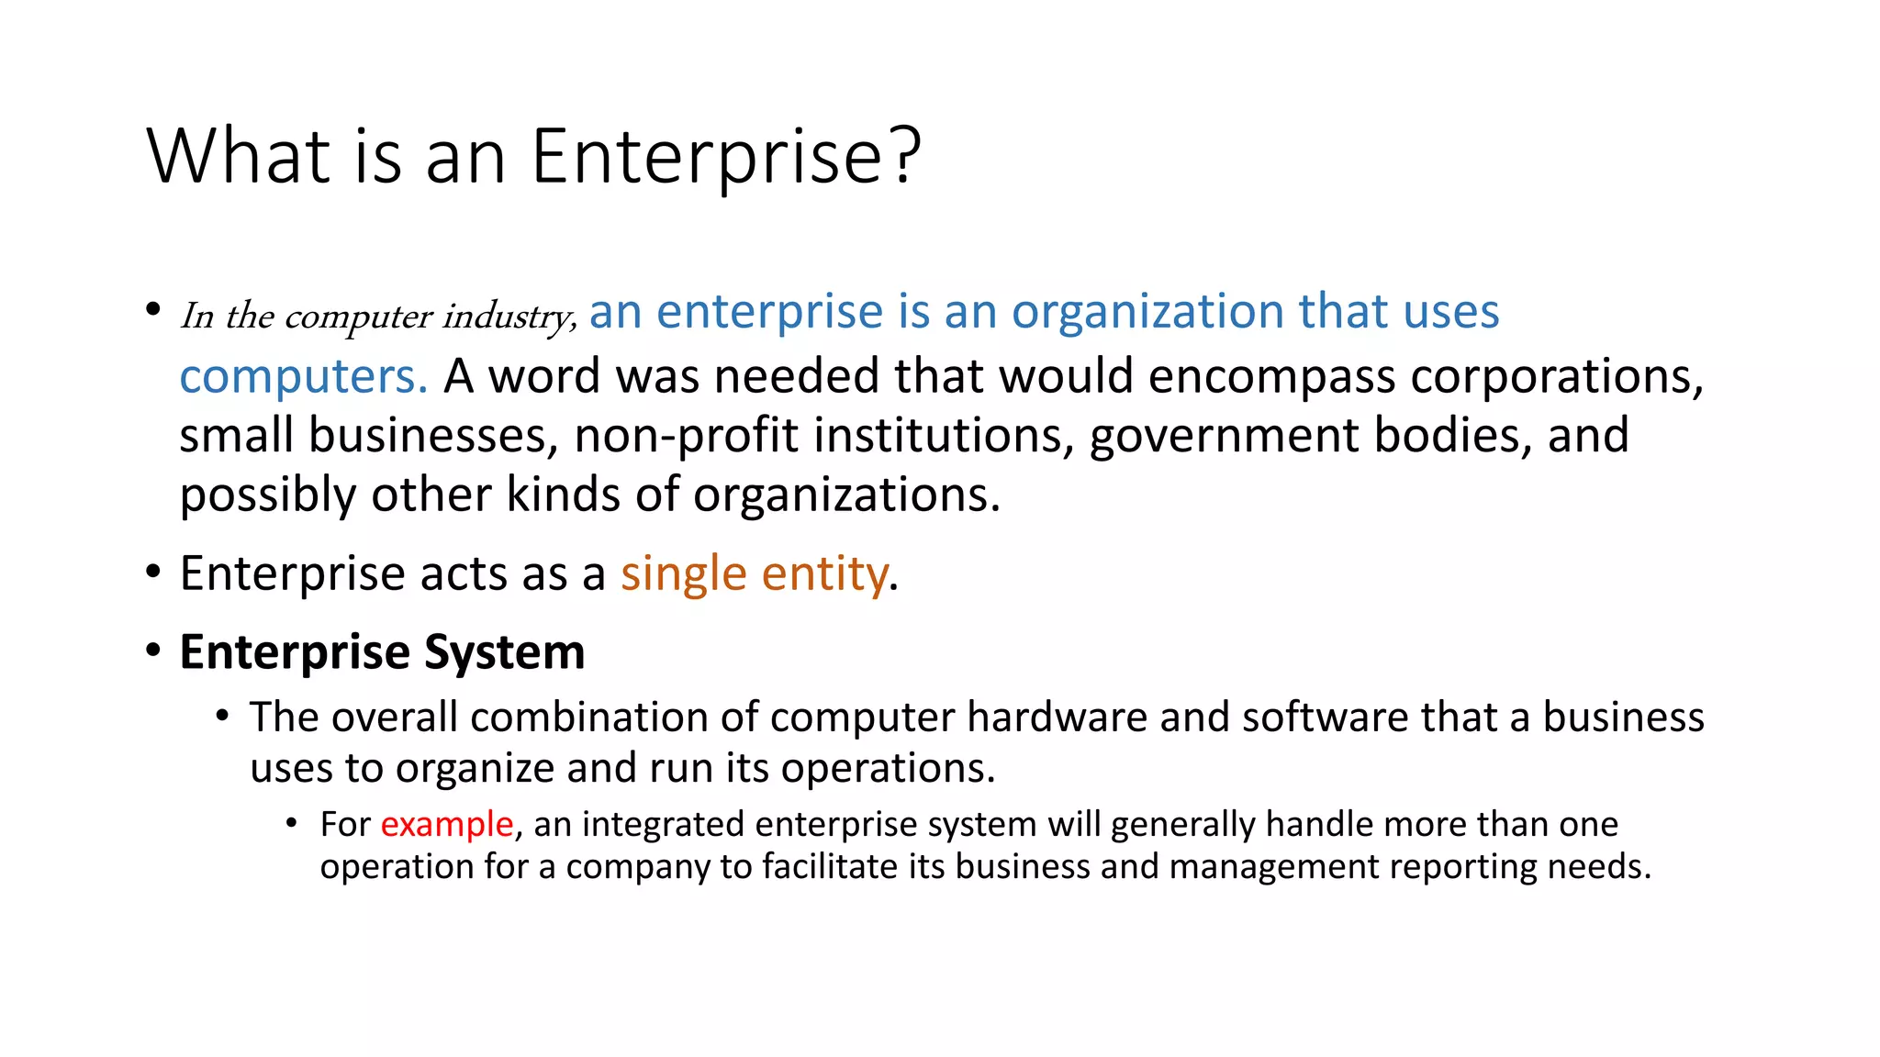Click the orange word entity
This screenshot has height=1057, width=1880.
tap(824, 574)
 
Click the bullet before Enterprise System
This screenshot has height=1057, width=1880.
tap(153, 651)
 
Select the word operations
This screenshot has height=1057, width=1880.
tap(888, 768)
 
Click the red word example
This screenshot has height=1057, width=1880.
tap(447, 824)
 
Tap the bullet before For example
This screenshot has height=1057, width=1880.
tap(292, 822)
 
